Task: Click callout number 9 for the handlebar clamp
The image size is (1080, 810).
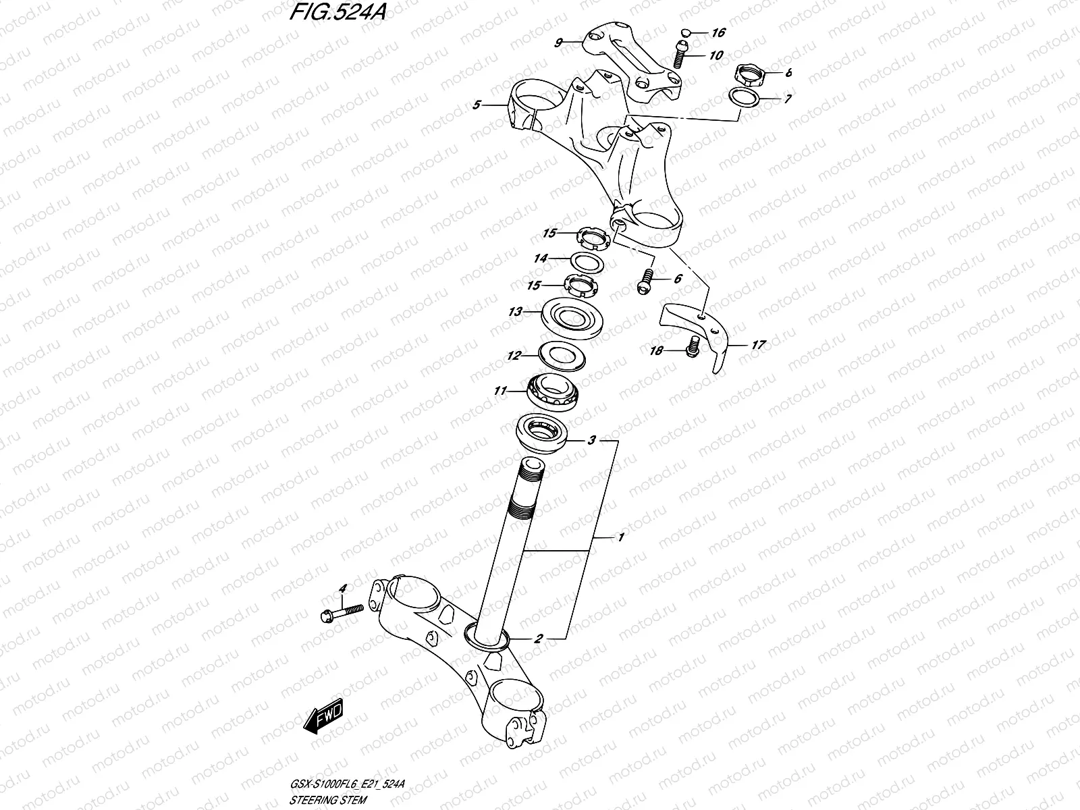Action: click(558, 43)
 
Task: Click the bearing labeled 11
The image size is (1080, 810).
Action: click(555, 389)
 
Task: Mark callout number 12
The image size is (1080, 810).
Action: click(514, 355)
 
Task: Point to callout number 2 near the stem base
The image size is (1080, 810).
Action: click(538, 637)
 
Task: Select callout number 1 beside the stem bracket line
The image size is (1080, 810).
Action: click(620, 537)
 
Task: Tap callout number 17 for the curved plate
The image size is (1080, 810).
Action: click(758, 345)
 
